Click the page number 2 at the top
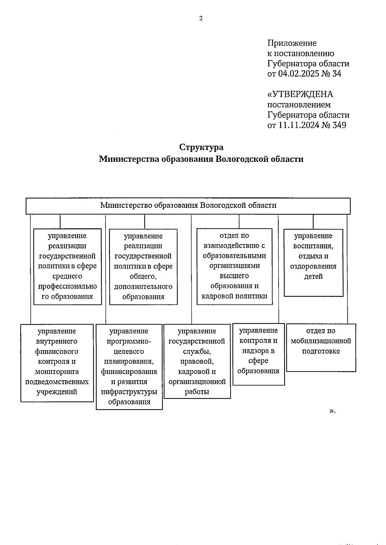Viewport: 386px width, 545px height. (x=201, y=18)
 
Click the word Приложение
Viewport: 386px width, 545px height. (x=292, y=43)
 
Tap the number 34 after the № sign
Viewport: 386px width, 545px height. (x=336, y=74)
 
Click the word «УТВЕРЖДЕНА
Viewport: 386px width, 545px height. (x=300, y=94)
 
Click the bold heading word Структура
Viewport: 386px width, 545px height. (x=201, y=147)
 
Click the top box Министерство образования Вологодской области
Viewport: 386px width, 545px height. (x=188, y=206)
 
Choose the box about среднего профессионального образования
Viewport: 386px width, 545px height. (x=68, y=266)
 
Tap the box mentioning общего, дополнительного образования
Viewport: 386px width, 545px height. (x=143, y=266)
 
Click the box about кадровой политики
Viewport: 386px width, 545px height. (x=234, y=266)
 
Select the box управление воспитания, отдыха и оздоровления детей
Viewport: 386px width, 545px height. (x=313, y=262)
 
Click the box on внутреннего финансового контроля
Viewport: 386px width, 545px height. (x=57, y=363)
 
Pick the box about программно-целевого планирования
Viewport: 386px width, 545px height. (x=129, y=366)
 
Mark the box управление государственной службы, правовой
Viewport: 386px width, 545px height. (x=197, y=361)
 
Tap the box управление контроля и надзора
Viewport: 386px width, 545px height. (x=259, y=354)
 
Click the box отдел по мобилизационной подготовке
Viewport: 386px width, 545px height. (x=321, y=347)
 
